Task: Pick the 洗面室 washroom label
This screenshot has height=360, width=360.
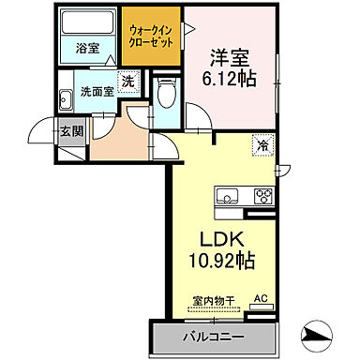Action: (96, 93)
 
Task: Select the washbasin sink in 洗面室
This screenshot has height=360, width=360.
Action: (66, 99)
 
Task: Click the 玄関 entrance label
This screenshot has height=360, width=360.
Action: (70, 130)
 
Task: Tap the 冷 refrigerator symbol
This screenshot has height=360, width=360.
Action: (262, 145)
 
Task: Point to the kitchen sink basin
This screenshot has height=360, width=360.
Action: (228, 196)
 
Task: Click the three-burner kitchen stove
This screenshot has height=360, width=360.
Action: (262, 196)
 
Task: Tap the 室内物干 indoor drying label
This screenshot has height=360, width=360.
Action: (212, 300)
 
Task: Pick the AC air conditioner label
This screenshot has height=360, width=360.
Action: (260, 299)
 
